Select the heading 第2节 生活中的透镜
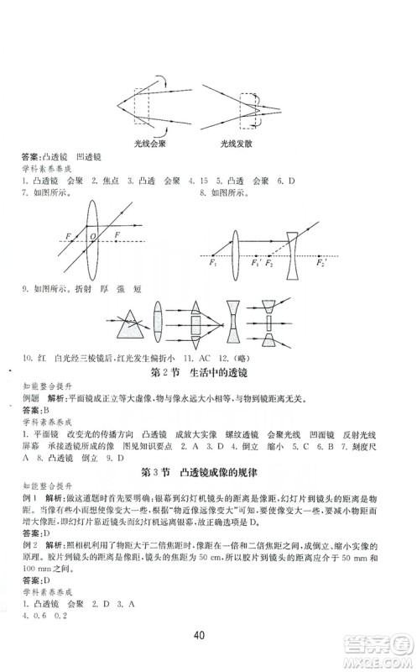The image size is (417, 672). [x=206, y=371]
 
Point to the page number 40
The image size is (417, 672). [x=208, y=632]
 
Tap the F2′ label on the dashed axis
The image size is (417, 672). [x=321, y=264]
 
